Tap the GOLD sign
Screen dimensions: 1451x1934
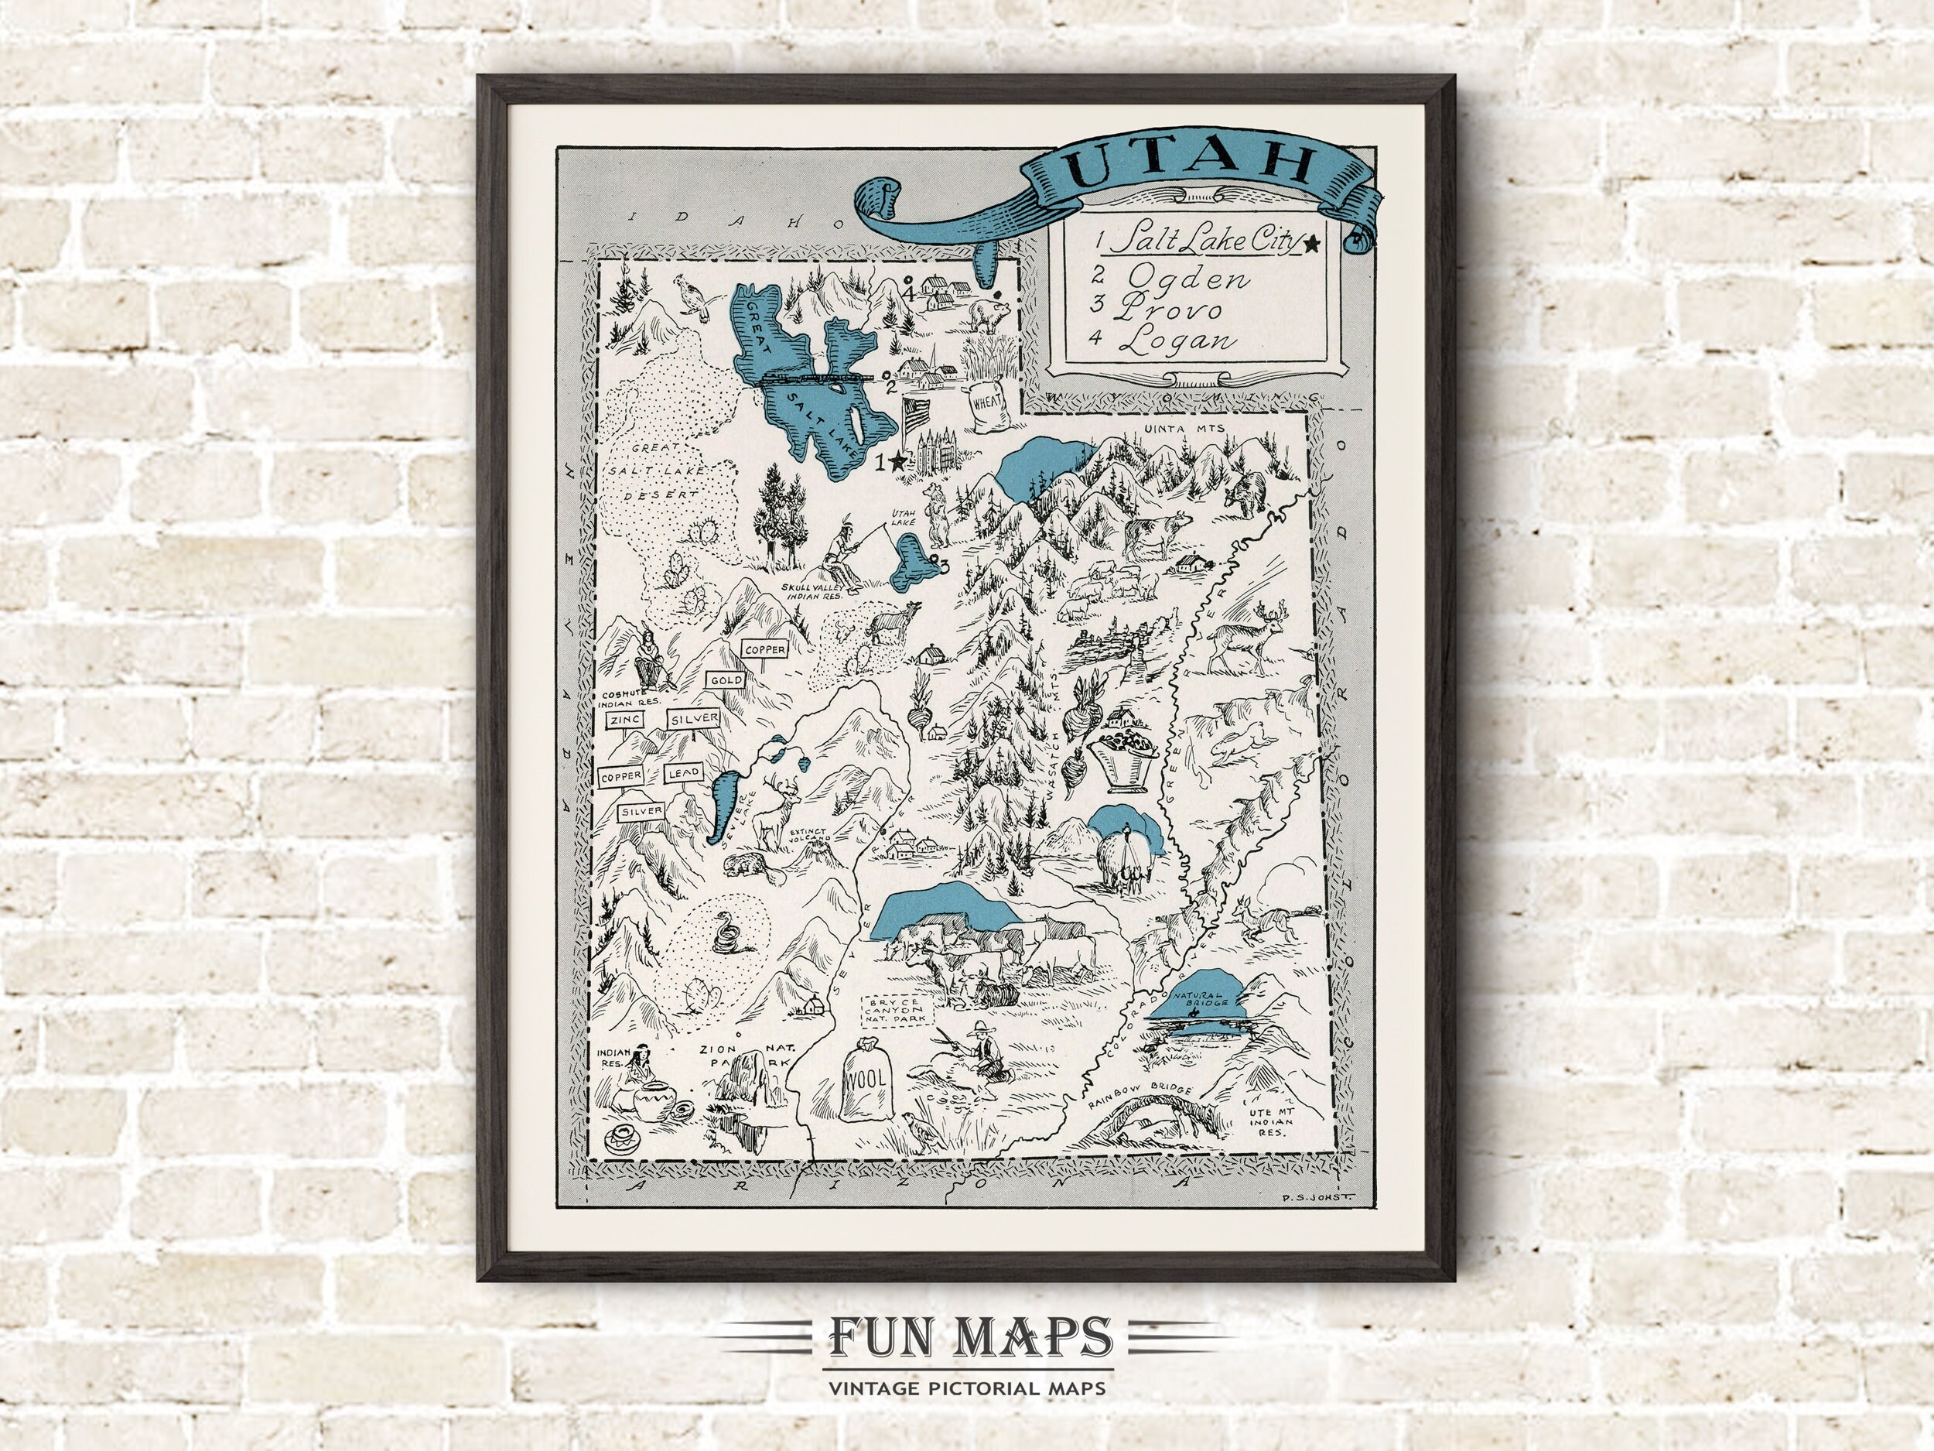point(726,680)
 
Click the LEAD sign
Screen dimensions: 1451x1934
point(682,775)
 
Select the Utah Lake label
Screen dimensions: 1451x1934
point(903,518)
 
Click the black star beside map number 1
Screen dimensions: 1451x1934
point(897,461)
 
